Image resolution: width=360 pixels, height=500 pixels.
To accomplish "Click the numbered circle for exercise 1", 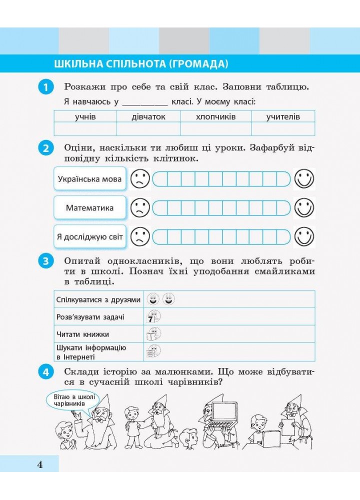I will (45, 87).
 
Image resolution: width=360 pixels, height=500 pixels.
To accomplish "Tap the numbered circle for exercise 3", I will (45, 261).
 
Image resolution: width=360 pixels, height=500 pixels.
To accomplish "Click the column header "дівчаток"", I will (148, 116).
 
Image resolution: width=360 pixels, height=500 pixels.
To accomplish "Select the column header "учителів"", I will (283, 116).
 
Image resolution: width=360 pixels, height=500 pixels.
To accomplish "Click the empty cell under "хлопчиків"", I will (215, 129).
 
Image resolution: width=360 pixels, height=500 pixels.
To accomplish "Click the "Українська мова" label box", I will (90, 179).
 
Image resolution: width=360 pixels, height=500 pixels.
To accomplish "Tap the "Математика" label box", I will (90, 208).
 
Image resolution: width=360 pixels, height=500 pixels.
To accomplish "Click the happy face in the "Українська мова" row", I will (304, 179).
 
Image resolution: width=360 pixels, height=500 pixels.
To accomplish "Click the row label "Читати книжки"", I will (83, 334).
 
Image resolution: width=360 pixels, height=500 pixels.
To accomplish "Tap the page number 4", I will (40, 464).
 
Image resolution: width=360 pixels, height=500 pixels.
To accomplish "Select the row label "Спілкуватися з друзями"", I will (98, 299).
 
